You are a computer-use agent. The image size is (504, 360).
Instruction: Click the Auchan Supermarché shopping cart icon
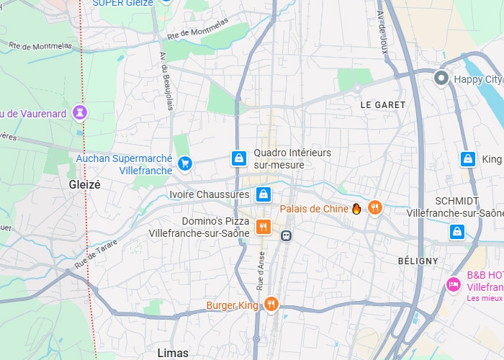point(185,163)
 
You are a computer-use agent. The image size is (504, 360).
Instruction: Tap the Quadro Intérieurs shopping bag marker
point(238,158)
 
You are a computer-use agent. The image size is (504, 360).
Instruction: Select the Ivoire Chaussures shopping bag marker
point(264,194)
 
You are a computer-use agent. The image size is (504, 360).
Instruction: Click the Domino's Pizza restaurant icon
point(264,227)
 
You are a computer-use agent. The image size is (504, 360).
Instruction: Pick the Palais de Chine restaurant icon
point(374,208)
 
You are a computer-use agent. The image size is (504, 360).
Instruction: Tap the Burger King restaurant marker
point(271,305)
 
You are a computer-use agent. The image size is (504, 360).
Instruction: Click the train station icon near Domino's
point(287,235)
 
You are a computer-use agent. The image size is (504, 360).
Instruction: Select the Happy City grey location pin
point(442,78)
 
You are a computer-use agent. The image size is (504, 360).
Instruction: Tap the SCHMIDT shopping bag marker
point(456,232)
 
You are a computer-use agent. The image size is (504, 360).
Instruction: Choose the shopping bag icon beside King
point(467,158)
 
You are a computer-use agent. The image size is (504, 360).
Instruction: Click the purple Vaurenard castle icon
point(80,112)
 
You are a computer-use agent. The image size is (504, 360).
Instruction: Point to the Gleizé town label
point(84,184)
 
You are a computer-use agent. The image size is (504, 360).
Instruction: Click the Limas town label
point(173,353)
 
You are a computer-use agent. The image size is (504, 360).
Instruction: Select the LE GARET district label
point(382,104)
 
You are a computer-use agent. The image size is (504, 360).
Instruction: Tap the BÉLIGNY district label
point(418,261)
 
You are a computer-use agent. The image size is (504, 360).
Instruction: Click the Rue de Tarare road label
point(95,254)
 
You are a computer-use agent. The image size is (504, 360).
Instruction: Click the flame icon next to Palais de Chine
point(356,209)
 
